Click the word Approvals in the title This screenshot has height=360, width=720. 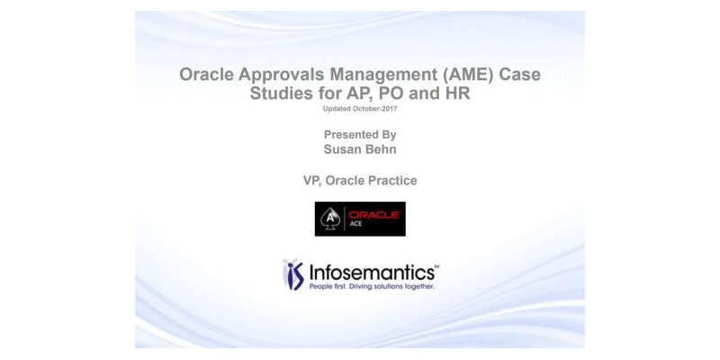(275, 76)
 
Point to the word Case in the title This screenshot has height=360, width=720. (524, 76)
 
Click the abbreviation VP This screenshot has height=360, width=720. (313, 181)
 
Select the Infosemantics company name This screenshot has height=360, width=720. (371, 270)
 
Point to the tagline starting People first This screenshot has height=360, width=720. (371, 287)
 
